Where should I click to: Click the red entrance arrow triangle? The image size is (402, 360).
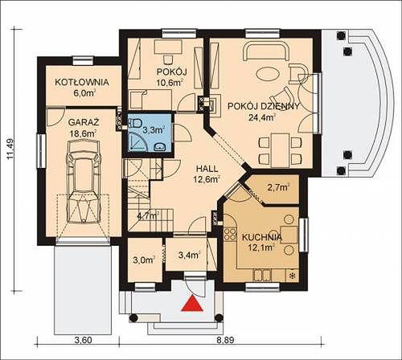coord(192,304)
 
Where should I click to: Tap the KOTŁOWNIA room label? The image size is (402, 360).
coord(82,82)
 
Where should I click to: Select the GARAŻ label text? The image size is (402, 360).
coord(84,122)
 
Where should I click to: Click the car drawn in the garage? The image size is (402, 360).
coord(84,182)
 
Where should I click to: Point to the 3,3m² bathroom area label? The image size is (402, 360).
coord(154,130)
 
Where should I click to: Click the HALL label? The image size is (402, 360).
coord(207,169)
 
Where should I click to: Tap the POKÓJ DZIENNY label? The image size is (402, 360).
coord(263,106)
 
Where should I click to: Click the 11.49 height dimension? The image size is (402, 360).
coord(10,149)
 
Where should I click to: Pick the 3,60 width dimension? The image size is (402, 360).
coord(84,341)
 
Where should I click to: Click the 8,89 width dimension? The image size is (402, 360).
coord(225,341)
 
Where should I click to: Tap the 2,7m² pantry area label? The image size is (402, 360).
coord(279,187)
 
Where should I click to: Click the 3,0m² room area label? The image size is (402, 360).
coord(144,260)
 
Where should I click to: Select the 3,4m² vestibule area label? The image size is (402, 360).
coord(190,255)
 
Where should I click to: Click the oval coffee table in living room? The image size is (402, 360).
coord(269,73)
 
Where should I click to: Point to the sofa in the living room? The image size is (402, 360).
coord(266,51)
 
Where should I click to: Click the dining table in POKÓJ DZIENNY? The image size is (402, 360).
coord(281,150)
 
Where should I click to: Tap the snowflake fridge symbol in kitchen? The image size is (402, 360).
coord(292,276)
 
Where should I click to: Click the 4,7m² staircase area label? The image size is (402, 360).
coord(149,215)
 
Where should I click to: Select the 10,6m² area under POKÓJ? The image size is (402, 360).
coord(170,83)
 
